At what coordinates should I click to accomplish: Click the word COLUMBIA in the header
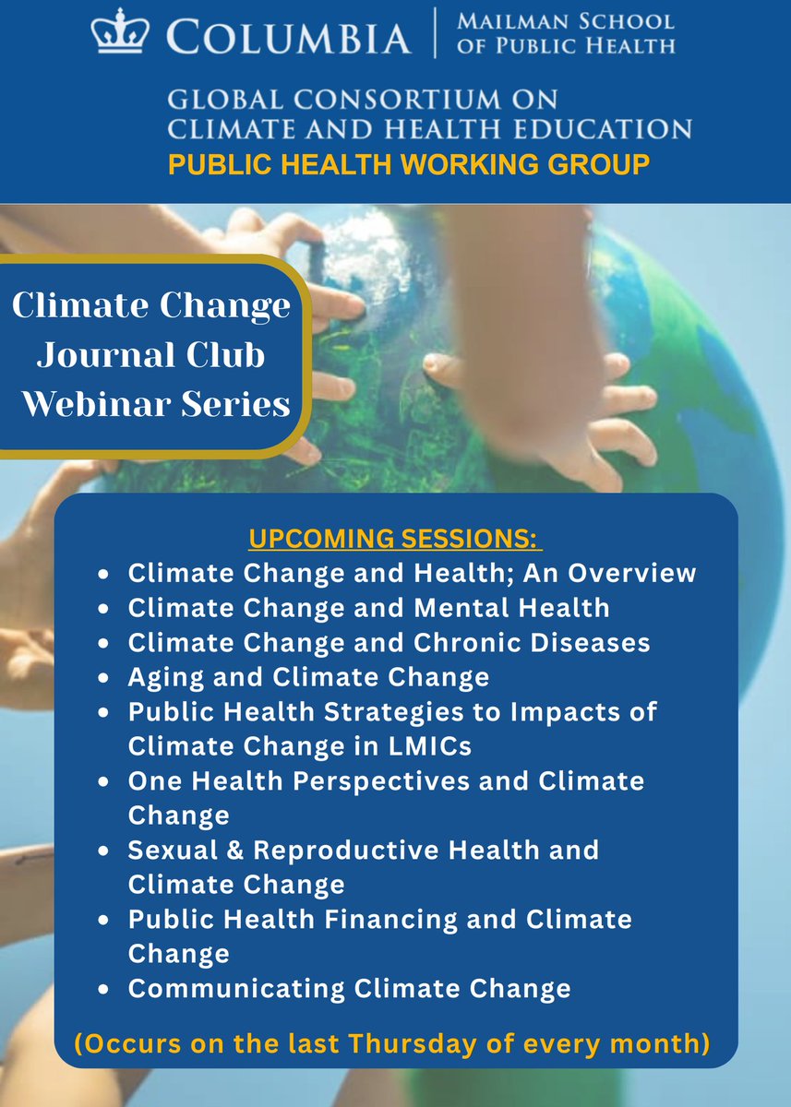click(288, 38)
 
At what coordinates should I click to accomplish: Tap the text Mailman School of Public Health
click(565, 33)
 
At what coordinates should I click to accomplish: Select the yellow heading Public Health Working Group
click(409, 164)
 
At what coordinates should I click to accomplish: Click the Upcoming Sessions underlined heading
click(395, 538)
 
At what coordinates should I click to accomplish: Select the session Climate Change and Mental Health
click(368, 607)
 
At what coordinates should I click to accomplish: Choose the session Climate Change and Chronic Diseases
click(389, 642)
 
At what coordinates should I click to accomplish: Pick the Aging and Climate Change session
click(308, 677)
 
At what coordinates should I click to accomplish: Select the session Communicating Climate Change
click(349, 988)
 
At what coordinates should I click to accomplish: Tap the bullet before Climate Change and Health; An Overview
click(107, 573)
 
